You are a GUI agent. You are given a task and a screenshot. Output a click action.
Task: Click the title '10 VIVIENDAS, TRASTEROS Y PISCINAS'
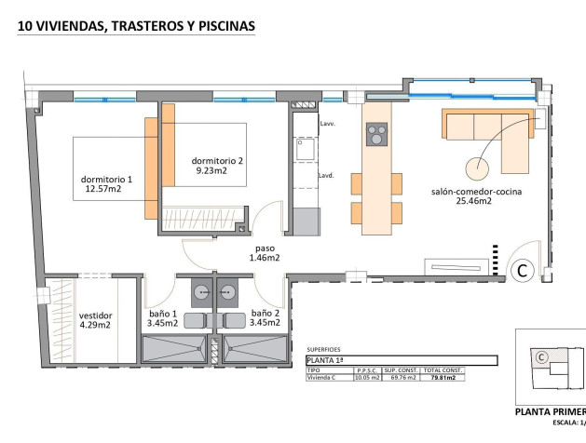point(136,27)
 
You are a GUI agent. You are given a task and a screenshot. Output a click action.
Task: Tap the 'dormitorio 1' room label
point(107,179)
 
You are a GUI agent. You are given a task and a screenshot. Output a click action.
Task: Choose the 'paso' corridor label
point(265,248)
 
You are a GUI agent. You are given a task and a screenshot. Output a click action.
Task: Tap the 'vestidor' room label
point(95,315)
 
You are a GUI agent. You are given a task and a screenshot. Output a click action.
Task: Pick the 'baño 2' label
point(265,314)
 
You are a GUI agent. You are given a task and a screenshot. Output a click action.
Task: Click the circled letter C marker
point(523,271)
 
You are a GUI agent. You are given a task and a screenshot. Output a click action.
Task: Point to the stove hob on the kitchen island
point(376,136)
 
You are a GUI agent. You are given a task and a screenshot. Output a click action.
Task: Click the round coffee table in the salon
point(478,168)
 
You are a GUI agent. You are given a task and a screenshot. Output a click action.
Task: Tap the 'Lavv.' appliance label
point(327,124)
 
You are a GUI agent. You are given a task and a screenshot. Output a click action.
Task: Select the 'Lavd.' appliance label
point(327,175)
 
